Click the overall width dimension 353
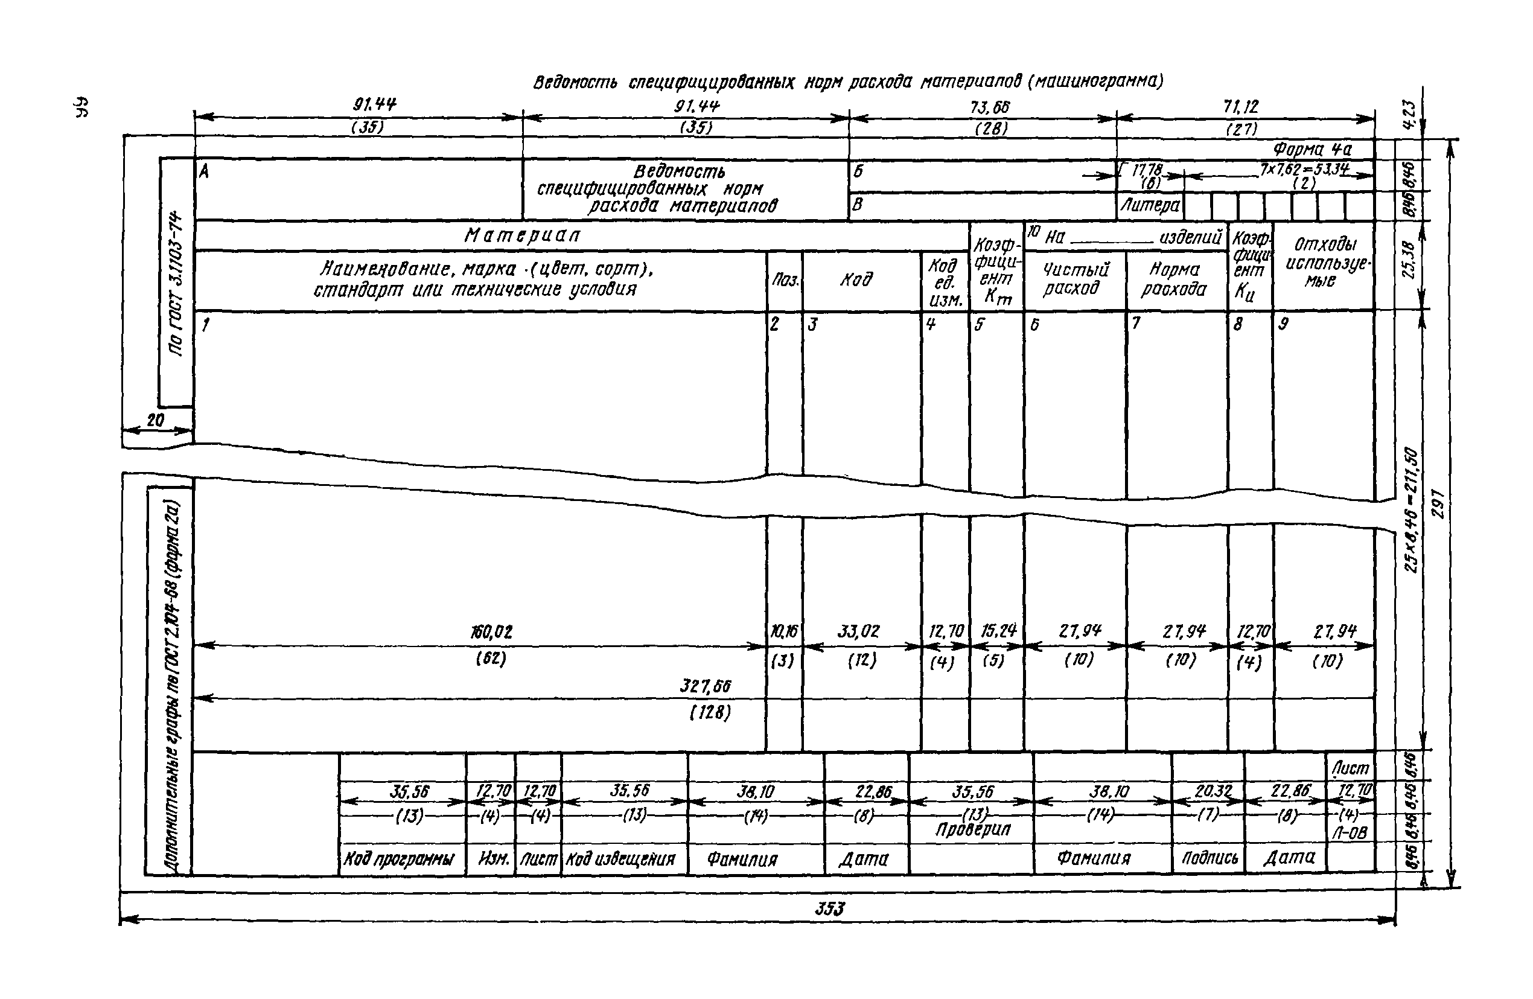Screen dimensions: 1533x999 point(830,909)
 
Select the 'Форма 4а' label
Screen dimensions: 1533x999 point(1313,150)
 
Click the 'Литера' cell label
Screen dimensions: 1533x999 point(1150,205)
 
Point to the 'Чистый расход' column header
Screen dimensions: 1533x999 point(1075,279)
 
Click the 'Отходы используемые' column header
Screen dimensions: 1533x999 point(1320,262)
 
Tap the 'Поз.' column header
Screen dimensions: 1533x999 point(785,281)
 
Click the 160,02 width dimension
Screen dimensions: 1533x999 point(491,633)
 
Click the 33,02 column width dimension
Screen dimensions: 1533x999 point(859,631)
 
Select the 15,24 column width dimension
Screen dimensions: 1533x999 point(998,631)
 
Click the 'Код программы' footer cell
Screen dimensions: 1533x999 point(399,859)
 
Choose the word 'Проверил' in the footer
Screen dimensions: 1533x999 point(973,829)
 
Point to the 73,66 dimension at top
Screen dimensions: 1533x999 point(990,107)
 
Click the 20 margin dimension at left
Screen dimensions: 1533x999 point(155,421)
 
